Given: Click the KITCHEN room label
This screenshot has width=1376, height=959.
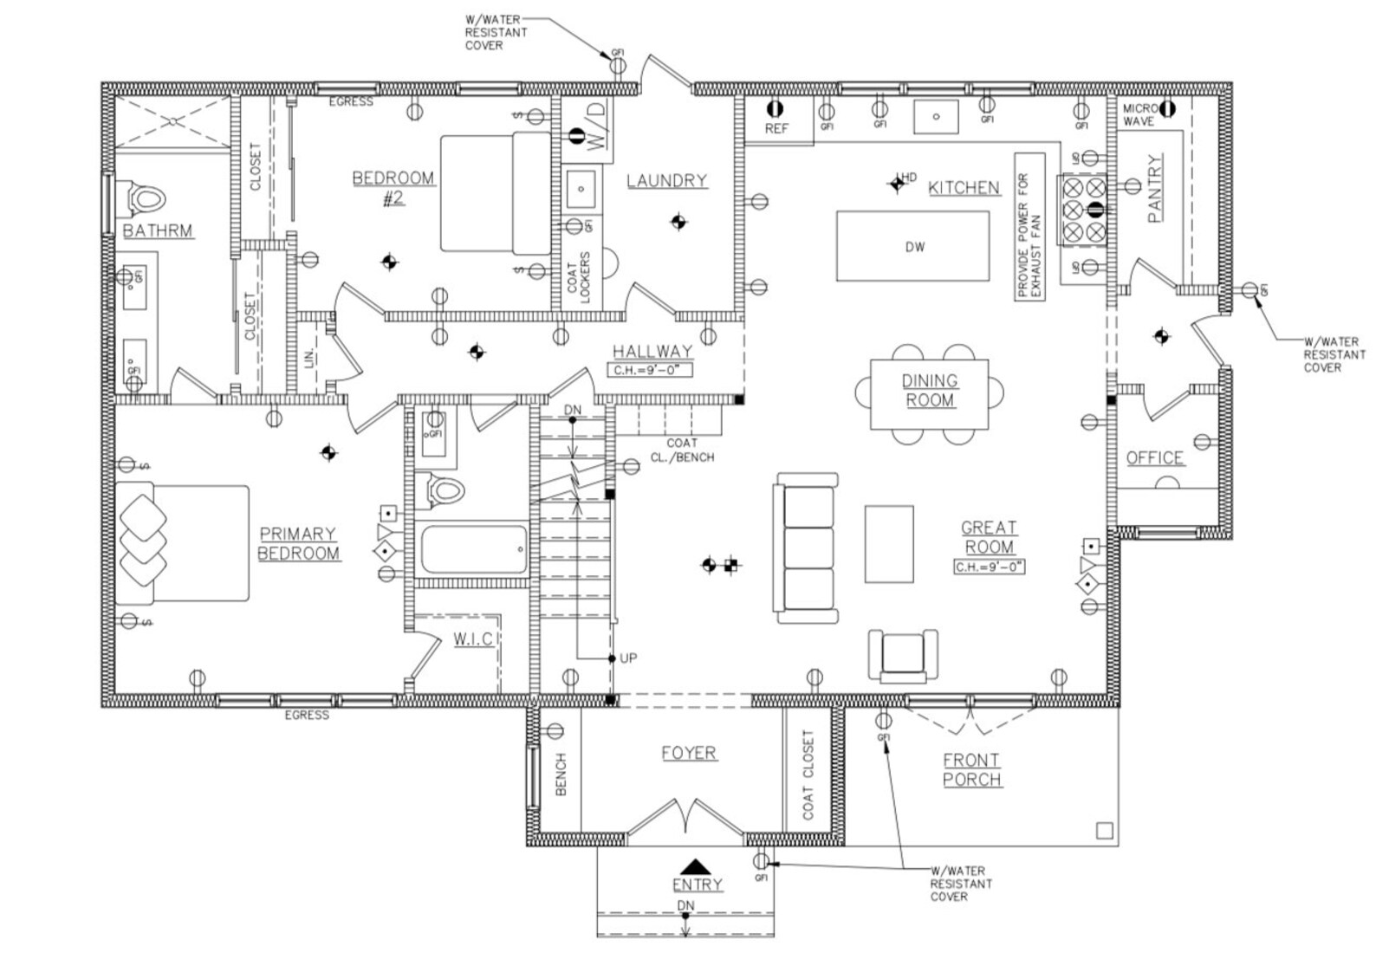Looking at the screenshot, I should point(964,188).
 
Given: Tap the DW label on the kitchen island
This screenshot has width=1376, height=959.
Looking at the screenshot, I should point(914,247).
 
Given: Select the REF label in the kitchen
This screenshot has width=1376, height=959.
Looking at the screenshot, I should point(776,128).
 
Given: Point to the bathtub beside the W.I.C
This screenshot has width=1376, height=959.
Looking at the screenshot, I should point(473,550).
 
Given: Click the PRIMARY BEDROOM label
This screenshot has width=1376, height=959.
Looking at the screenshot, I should point(299,543).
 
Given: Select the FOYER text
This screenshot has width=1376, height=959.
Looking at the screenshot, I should point(689,753).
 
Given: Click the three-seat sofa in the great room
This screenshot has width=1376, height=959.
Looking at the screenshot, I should point(806,548).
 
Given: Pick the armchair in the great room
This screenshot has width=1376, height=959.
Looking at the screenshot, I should point(903,655).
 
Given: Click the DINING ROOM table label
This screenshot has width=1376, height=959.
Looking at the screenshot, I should point(929,391).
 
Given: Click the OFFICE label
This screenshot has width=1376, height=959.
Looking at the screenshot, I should point(1154,457).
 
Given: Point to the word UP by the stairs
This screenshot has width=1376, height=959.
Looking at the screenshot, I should point(628,658).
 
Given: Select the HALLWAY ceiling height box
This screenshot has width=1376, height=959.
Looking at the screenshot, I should point(652,371).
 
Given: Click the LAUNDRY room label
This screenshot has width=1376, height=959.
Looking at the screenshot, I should point(666,180).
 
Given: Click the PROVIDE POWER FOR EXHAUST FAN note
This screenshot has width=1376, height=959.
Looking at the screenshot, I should point(1029,227).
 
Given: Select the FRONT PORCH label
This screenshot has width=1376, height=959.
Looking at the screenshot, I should point(971,769).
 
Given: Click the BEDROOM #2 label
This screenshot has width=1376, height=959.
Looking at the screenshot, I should point(393,188).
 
